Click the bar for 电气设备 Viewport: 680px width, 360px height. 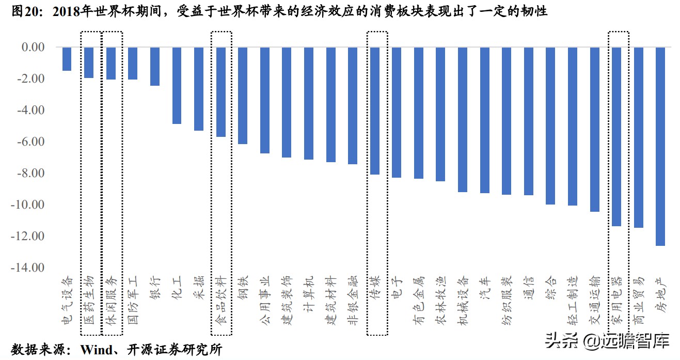tap(67, 59)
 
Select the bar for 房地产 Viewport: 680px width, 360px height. tap(660, 146)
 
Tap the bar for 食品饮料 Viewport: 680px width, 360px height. tap(221, 92)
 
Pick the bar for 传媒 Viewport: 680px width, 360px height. tap(375, 111)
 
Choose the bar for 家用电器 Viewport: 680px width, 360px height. tap(616, 136)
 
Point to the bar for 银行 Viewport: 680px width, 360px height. tap(155, 66)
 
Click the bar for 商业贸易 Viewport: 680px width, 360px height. tap(638, 137)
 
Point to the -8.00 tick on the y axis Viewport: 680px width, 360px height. tap(31, 173)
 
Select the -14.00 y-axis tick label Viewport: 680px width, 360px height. tap(29, 268)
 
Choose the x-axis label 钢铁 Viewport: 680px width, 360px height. tap(243, 290)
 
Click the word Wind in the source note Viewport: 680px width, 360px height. tap(97, 350)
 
